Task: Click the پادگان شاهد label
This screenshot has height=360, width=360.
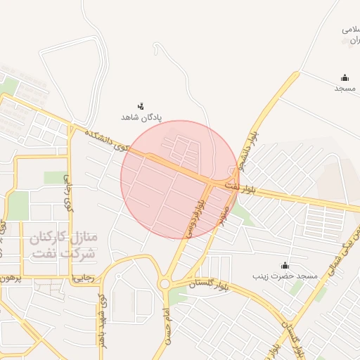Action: pos(141,117)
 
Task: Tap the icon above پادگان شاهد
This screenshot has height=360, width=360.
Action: pos(141,106)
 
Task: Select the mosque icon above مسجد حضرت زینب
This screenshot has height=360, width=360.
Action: pos(285,265)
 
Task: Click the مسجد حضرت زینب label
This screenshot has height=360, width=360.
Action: pos(285,276)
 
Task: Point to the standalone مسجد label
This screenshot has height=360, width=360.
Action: pos(345,89)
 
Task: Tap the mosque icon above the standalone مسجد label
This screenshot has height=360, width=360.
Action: pos(345,78)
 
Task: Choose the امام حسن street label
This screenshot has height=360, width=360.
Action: pos(167,326)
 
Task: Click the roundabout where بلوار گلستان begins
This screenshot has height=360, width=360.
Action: pos(165,284)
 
